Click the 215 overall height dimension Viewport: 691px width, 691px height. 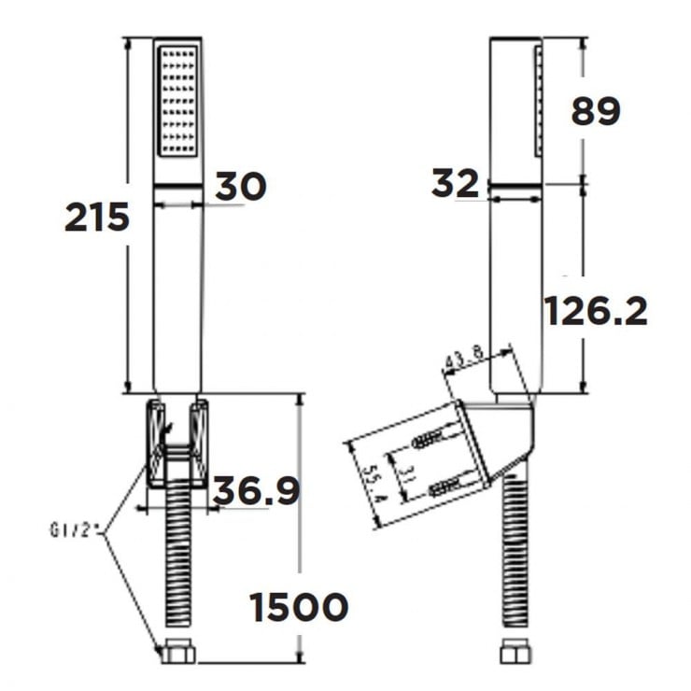coord(96,217)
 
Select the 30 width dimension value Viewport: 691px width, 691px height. coord(241,186)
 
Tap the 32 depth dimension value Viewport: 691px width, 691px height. coord(455,184)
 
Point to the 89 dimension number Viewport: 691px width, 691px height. coord(595,112)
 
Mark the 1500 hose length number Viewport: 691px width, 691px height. coord(299,608)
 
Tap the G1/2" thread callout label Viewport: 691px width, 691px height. coord(76,531)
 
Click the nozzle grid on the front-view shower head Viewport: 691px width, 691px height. coord(177,102)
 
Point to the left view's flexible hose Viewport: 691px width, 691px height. coord(177,560)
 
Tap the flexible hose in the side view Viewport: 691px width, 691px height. coord(515,560)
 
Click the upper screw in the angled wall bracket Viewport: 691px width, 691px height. coord(434,438)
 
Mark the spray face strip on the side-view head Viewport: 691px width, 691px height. coord(537,103)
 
